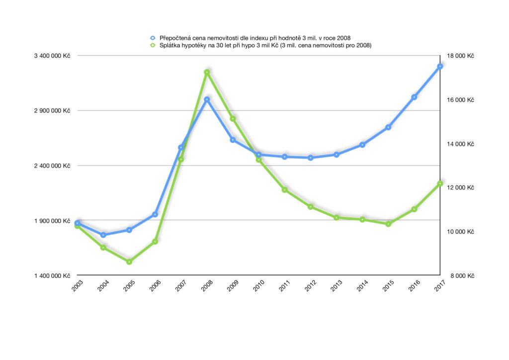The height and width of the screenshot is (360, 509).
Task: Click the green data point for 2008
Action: [207, 73]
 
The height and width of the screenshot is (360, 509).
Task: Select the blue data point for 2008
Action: [207, 99]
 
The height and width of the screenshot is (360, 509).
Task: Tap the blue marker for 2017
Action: [440, 66]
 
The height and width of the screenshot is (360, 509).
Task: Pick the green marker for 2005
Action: [129, 262]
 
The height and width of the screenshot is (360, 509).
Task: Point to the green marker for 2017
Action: [440, 184]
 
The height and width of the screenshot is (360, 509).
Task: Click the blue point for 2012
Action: [311, 158]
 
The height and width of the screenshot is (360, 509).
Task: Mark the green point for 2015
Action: [388, 224]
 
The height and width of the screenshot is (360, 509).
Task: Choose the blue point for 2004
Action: [103, 235]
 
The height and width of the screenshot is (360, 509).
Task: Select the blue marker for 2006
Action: [155, 214]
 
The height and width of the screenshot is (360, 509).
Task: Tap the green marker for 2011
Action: [285, 190]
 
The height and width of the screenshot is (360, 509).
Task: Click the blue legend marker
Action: [153, 38]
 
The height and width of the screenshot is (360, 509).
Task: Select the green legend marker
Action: [153, 45]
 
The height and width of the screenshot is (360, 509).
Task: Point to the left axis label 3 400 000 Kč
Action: [52, 56]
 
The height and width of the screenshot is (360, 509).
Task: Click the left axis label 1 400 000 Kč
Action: [52, 275]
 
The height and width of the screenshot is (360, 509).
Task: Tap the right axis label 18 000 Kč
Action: [460, 56]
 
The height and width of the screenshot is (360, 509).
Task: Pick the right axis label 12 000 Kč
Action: [460, 188]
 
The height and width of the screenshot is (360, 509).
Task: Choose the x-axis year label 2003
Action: [77, 286]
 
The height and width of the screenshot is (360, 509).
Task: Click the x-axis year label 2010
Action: [258, 286]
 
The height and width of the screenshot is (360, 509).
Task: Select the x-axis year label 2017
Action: [439, 286]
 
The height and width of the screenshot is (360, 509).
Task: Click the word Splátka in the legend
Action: [170, 45]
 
